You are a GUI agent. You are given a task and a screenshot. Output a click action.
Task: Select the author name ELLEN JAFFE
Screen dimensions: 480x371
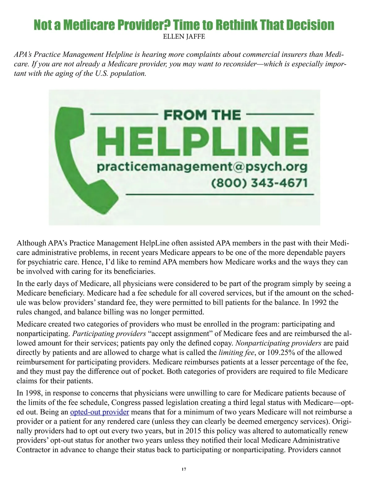(x=184, y=37)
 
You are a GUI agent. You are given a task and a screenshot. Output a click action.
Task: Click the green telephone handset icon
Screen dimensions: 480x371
(x=76, y=157)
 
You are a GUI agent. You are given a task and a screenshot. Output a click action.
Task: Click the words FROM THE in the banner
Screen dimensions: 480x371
(x=202, y=115)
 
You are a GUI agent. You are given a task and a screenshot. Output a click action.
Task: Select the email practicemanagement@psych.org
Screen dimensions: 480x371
(x=202, y=167)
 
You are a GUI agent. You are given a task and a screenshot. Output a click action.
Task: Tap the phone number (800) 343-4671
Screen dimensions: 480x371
(x=260, y=183)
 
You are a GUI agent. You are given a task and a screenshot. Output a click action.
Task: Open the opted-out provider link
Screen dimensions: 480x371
(x=100, y=412)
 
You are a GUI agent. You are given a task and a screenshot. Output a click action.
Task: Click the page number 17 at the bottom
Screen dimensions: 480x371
(x=184, y=469)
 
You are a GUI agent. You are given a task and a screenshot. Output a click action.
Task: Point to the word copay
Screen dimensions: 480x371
(x=223, y=343)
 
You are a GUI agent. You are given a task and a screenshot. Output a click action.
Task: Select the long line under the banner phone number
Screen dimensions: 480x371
(x=220, y=194)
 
